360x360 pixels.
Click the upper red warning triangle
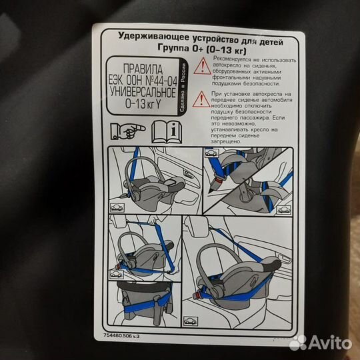coord(202,67)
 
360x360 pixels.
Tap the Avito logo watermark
coord(319,342)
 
